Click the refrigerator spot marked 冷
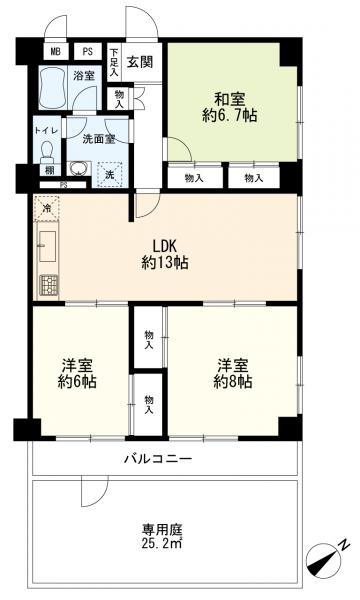tap(46, 209)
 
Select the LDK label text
tap(165, 247)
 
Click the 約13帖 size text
tap(165, 263)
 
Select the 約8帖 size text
tap(231, 381)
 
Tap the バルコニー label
tap(165, 459)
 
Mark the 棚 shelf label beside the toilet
tap(46, 171)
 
